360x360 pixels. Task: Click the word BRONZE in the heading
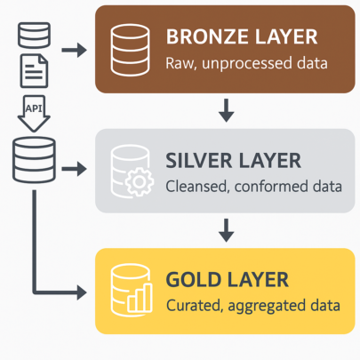tap(207, 36)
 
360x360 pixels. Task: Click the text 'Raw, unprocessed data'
tap(246, 63)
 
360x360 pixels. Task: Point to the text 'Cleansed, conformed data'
tap(253, 187)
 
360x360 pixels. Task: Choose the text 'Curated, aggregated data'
tap(253, 306)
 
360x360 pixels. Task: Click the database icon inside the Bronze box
tap(130, 50)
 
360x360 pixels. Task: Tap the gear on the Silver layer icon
tap(140, 181)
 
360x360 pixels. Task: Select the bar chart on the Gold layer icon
tap(140, 298)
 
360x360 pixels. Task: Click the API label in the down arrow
tap(34, 108)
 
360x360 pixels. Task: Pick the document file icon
tap(34, 71)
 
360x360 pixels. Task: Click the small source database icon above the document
tap(34, 36)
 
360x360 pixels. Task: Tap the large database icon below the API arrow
tap(34, 160)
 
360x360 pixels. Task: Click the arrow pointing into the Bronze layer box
tap(74, 50)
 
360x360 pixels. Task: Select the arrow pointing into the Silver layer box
tap(74, 169)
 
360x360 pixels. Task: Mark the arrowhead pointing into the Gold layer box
tap(82, 292)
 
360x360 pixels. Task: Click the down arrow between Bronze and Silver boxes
tap(227, 110)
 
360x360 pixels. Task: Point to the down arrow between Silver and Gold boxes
tap(227, 230)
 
